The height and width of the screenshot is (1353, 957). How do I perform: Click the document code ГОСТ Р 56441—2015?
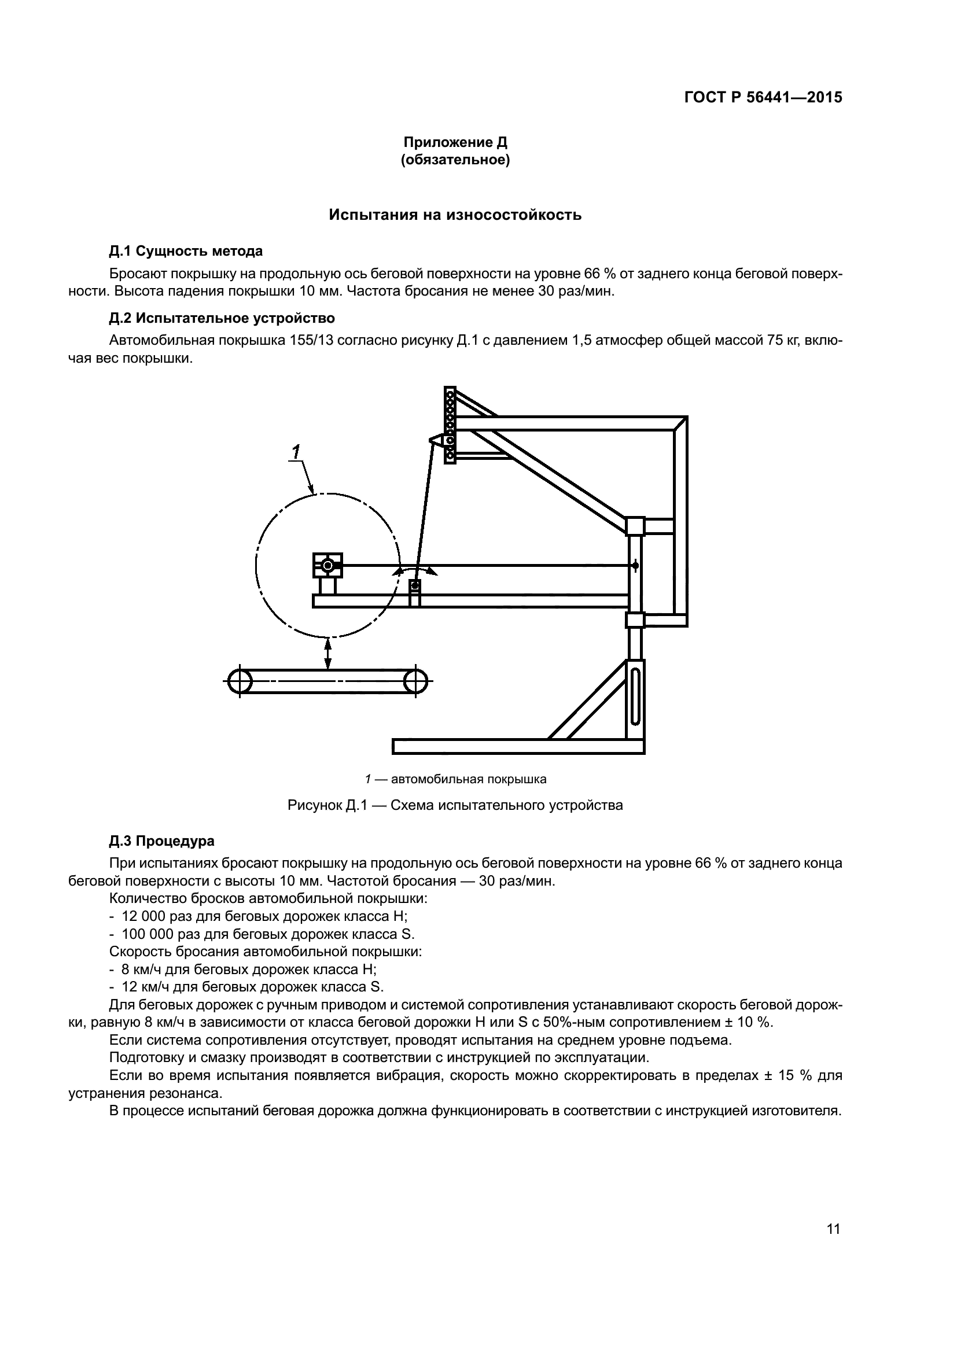763,98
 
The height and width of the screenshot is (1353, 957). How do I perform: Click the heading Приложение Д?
455,142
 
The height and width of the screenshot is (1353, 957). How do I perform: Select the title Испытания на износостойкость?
455,215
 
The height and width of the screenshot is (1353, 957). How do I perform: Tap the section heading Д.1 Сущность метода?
186,251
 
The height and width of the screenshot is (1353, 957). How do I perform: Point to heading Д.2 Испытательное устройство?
222,318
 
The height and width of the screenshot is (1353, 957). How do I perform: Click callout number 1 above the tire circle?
296,452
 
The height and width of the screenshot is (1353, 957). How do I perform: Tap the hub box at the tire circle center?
327,566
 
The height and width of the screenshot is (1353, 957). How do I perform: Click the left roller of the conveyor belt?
240,681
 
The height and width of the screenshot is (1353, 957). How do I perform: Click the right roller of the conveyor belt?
415,681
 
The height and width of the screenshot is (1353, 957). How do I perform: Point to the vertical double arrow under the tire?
328,654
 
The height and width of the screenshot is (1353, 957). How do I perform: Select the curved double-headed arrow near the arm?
415,570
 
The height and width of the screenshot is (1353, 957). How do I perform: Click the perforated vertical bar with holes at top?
450,424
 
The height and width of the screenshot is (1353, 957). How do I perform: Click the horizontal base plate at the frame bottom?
518,747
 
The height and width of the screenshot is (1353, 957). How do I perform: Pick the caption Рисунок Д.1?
454,805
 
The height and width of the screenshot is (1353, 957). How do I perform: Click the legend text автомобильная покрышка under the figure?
469,779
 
